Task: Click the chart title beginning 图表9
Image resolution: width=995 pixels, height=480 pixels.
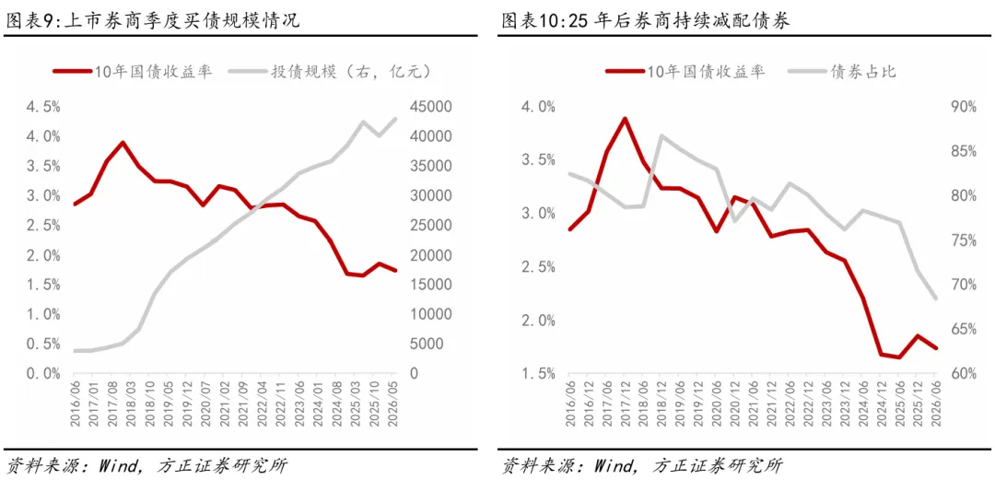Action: pos(152,21)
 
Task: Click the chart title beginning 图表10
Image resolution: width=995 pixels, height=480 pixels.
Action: pos(646,21)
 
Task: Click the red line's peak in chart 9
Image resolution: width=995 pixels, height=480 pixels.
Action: pos(123,142)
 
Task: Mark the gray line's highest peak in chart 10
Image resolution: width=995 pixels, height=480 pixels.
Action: pos(661,135)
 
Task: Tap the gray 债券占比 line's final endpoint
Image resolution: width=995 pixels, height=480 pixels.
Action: pos(935,298)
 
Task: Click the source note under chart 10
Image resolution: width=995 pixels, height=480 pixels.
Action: pos(641,465)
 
